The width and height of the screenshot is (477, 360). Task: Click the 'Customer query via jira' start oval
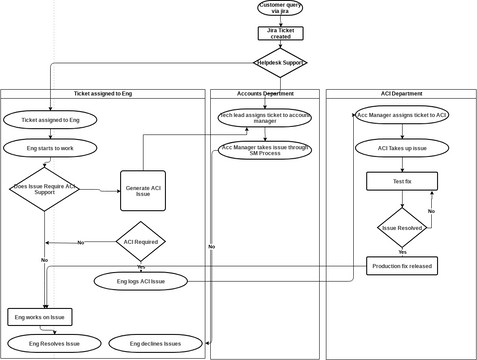(280, 8)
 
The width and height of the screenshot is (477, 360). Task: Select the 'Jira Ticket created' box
(280, 33)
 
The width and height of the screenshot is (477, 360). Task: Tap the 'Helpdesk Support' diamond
(280, 63)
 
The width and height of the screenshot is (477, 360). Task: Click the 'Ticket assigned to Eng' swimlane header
(103, 93)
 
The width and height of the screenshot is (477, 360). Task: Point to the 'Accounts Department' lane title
(265, 93)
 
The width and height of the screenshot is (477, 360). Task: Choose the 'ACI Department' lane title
(401, 93)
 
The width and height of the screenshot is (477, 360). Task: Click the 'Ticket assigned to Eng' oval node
(50, 119)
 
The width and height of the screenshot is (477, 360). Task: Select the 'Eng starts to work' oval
(50, 148)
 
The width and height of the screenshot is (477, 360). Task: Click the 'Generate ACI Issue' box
(142, 191)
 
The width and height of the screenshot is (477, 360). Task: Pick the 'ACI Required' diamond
(141, 241)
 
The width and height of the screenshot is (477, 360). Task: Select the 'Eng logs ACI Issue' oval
(141, 281)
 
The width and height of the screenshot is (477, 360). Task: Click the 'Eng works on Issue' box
(40, 316)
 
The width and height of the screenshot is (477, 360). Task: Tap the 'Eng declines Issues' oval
(156, 343)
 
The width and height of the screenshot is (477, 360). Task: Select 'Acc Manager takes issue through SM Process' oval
(265, 151)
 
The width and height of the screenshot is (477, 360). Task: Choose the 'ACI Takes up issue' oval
(402, 148)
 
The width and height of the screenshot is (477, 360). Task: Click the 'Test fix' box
(402, 181)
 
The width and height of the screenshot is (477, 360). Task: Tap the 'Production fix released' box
(402, 266)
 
